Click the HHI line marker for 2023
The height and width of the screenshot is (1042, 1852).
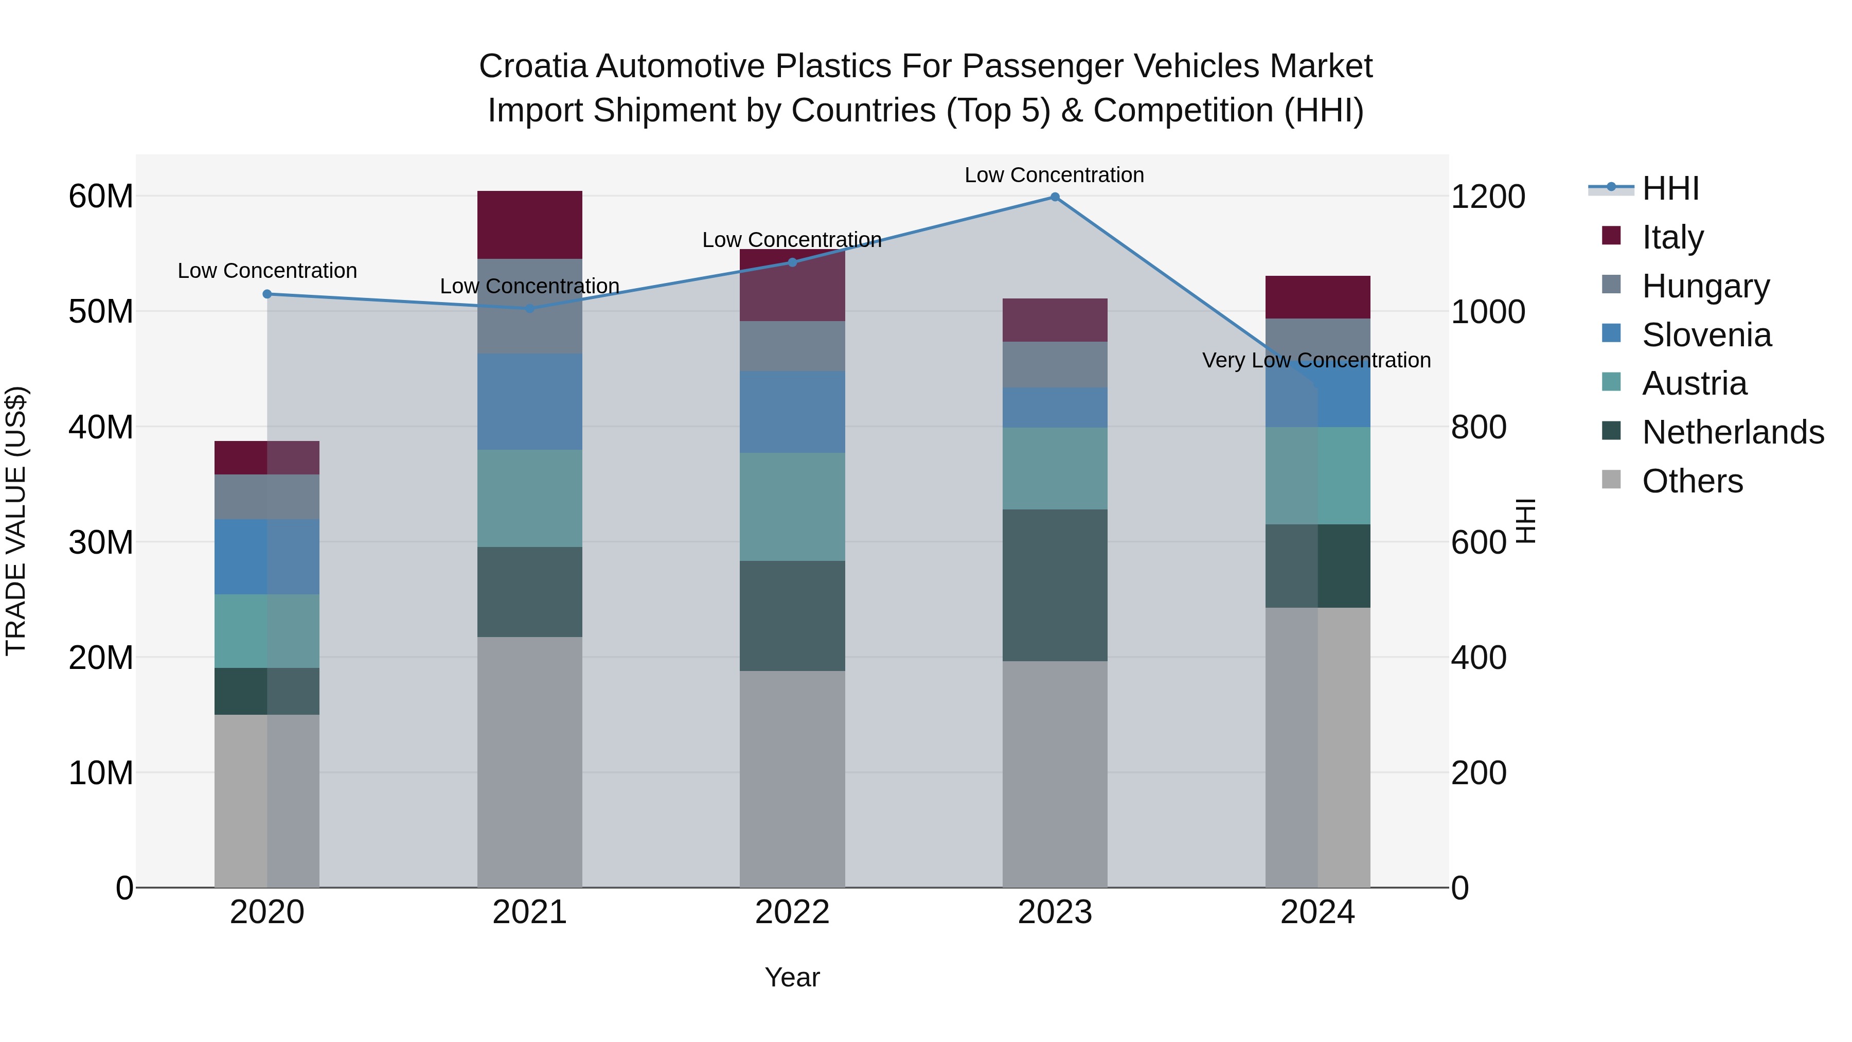pyautogui.click(x=1055, y=197)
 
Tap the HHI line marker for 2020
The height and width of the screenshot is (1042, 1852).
pyautogui.click(x=266, y=294)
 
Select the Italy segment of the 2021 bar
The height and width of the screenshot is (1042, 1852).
pyautogui.click(x=530, y=224)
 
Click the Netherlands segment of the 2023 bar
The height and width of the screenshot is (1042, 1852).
pyautogui.click(x=1055, y=586)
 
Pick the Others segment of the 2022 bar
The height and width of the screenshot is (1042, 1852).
pyautogui.click(x=792, y=779)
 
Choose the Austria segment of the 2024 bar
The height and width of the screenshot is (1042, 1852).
pyautogui.click(x=1318, y=475)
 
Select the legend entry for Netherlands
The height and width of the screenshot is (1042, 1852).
pyautogui.click(x=1733, y=432)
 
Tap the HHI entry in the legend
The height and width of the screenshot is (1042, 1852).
pyautogui.click(x=1669, y=188)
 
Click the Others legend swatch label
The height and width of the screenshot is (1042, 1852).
pyautogui.click(x=1693, y=481)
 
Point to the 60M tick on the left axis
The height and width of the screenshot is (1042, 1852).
pyautogui.click(x=101, y=197)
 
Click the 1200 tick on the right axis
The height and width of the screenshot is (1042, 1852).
pyautogui.click(x=1487, y=197)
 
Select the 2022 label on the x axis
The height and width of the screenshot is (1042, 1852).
pyautogui.click(x=792, y=912)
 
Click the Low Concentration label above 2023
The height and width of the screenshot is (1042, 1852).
pyautogui.click(x=1054, y=175)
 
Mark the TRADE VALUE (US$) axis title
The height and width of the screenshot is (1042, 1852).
pyautogui.click(x=16, y=521)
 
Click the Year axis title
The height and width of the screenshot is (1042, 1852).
pyautogui.click(x=792, y=977)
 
